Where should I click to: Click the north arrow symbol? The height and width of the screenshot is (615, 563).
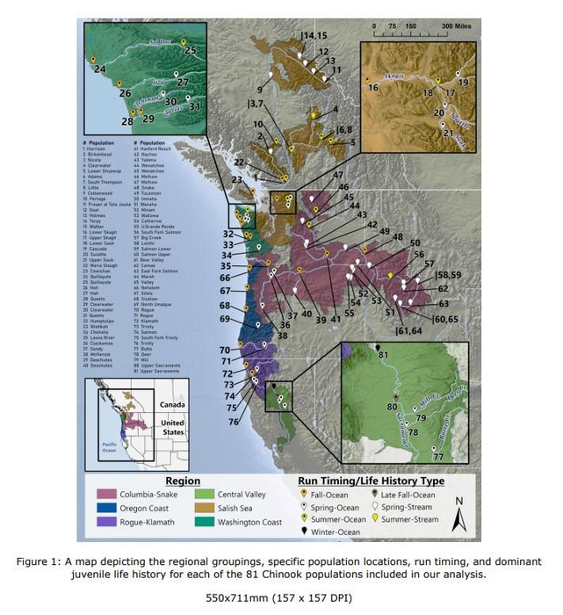coord(457,512)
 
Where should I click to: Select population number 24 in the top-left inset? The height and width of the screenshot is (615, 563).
coord(99,69)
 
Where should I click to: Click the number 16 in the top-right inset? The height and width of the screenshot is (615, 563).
coord(373,88)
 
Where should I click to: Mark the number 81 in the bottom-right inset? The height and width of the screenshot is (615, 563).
coord(382,354)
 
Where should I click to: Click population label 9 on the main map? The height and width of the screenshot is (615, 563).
coord(259,90)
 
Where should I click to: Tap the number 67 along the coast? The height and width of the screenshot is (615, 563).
coord(224,291)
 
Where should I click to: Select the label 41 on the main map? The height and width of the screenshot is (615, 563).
coord(335,319)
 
